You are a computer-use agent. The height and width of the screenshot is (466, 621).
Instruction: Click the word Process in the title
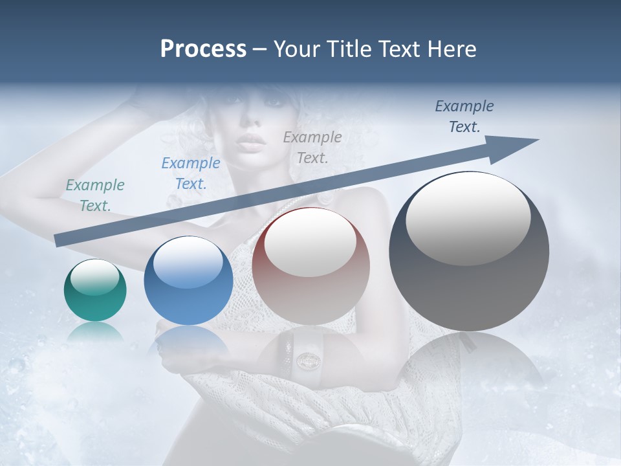203,49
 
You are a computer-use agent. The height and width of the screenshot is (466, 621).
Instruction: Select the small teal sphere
95,290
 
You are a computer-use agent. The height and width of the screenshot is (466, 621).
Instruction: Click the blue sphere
188,280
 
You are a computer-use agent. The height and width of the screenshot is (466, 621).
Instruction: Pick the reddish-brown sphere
311,265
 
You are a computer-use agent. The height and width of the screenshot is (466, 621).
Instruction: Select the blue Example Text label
191,173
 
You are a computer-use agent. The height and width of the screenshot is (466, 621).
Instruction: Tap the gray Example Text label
312,147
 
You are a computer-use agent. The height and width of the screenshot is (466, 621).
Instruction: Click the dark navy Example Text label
464,116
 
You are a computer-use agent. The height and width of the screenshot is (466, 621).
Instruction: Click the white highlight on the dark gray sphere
468,219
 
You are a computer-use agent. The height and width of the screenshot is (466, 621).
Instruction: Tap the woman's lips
250,141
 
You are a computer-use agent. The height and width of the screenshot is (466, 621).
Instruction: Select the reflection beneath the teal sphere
95,333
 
